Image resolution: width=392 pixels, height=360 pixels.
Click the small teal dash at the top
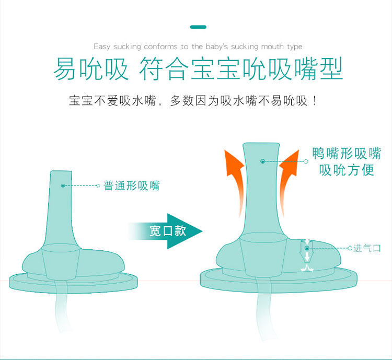point(198,27)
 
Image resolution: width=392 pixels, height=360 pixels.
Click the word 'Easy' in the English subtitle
point(102,47)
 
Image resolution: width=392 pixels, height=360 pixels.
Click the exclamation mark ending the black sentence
point(315,100)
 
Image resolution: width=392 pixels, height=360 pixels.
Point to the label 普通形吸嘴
point(132,185)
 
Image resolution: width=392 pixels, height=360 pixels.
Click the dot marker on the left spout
point(63,185)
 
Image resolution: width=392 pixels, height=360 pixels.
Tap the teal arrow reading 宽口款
point(167,230)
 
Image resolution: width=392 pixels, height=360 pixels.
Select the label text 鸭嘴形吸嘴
point(347,154)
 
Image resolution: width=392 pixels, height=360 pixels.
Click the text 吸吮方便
point(347,170)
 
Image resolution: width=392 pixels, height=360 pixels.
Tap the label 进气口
point(367,248)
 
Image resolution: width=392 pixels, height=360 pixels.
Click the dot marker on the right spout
point(262,161)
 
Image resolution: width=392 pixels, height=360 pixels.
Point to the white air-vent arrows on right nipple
point(307,256)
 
